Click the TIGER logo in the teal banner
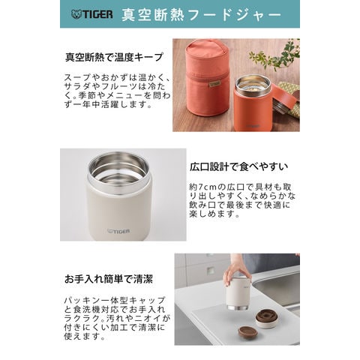[x=91, y=14]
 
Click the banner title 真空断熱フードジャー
[x=202, y=15]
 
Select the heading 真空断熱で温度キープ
[x=114, y=57]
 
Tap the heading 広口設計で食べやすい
[x=239, y=166]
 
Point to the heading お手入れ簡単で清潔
[x=109, y=279]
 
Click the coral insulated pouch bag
[x=207, y=79]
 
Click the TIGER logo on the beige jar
[x=118, y=231]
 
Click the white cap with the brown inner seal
[x=266, y=318]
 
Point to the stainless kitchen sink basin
[x=278, y=288]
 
